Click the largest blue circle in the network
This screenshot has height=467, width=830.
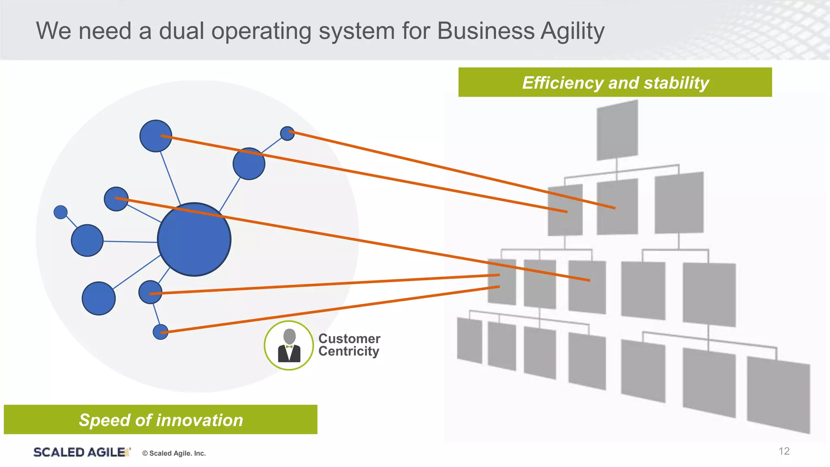[194, 240]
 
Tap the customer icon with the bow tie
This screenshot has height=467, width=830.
[289, 345]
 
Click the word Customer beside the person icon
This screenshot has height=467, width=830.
[349, 338]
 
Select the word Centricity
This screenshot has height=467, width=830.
[349, 351]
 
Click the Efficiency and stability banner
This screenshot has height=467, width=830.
[615, 82]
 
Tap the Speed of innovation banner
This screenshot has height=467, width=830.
[160, 420]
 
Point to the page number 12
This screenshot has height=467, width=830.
[784, 451]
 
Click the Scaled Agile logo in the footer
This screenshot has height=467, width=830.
[81, 452]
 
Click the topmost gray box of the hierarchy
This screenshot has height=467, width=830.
[617, 130]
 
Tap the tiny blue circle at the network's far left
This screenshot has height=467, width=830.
[60, 212]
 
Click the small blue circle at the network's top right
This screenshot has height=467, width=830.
[287, 133]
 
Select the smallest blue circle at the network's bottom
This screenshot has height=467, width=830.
[160, 332]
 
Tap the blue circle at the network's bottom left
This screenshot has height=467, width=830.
[98, 298]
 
